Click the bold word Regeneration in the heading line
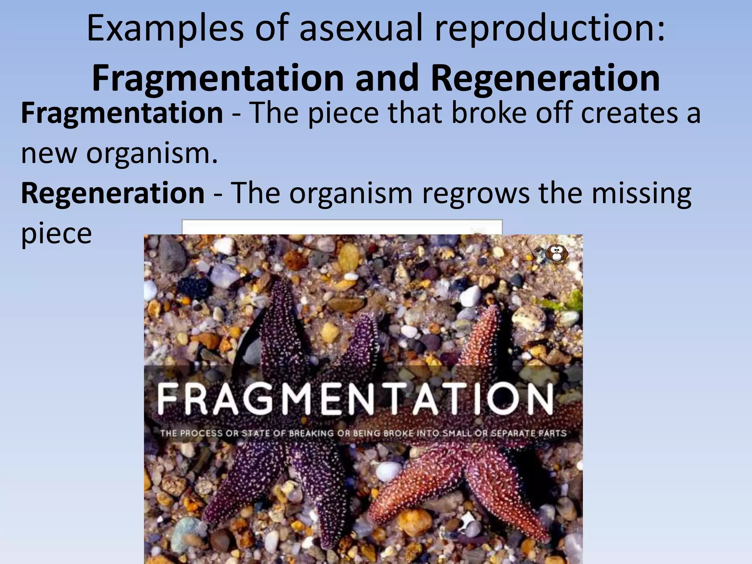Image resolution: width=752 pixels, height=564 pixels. (545, 78)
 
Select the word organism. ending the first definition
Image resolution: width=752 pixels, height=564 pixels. (152, 153)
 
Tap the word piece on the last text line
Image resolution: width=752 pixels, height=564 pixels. (56, 234)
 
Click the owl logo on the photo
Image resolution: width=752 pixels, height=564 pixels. (557, 253)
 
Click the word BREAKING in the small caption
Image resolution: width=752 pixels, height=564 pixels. (312, 433)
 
